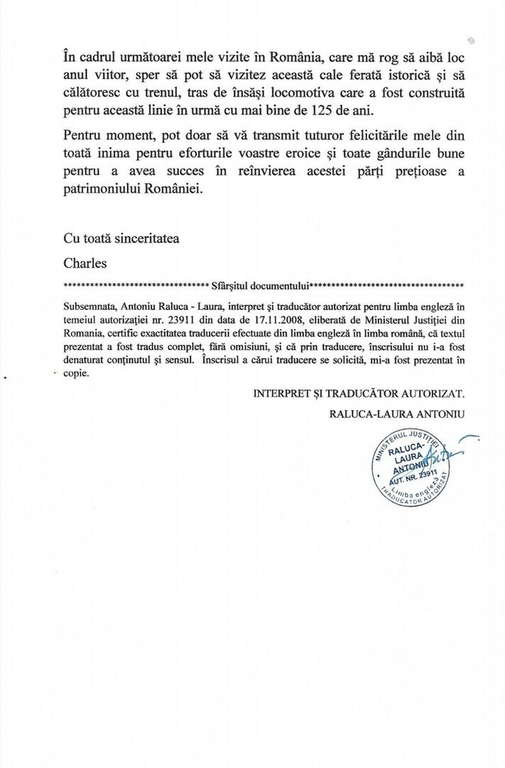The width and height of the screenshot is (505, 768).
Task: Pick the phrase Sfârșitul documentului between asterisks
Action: point(259,286)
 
